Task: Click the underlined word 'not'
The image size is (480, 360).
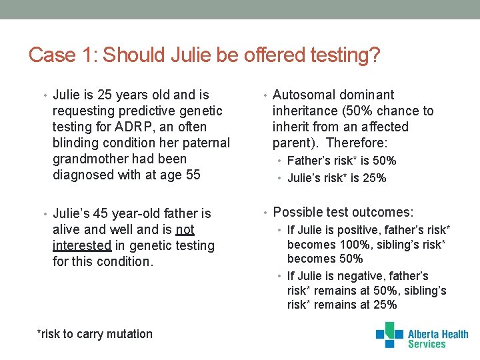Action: click(185, 229)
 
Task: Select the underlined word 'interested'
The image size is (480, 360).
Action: click(82, 245)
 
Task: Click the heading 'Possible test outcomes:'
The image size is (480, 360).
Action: click(343, 212)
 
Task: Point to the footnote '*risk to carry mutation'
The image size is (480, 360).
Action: click(95, 334)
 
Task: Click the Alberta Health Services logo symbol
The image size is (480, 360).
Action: click(389, 335)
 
